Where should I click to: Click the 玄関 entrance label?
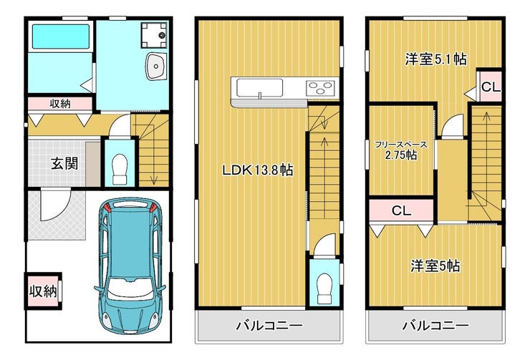pos(64,163)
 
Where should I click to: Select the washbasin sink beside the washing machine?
pos(156,66)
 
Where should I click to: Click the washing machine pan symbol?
pos(154,35)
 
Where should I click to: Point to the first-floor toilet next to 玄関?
pos(120,169)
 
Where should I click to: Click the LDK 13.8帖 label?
pos(258,170)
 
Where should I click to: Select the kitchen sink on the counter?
pos(259,89)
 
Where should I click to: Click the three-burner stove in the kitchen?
pos(320,89)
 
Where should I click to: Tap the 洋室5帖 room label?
pos(435,266)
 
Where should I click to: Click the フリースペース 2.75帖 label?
pos(401,150)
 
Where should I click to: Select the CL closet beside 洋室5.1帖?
pos(490,87)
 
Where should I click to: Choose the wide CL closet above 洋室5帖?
pos(401,210)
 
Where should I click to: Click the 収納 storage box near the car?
pos(43,291)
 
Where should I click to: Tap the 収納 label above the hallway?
pos(60,104)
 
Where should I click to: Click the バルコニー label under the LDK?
pos(269,326)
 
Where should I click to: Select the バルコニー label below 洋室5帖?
pos(435,326)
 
